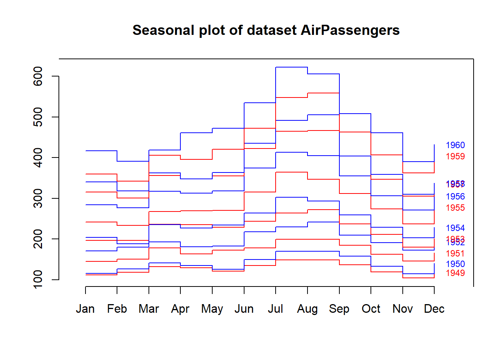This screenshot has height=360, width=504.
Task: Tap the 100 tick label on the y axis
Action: [x=38, y=279]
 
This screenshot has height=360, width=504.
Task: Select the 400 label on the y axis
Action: [x=38, y=157]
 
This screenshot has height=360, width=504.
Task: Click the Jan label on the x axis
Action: [x=85, y=309]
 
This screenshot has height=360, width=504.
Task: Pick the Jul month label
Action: [x=275, y=309]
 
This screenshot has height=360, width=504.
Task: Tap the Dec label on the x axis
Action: [x=434, y=309]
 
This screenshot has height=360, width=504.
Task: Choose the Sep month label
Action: [x=339, y=309]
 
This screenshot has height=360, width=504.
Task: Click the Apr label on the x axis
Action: [x=180, y=309]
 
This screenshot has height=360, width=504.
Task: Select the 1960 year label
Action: [x=455, y=145]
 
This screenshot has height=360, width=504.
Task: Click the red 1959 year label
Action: [x=455, y=156]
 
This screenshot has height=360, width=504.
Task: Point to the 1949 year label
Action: [x=455, y=273]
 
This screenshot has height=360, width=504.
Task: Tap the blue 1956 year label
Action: [x=455, y=196]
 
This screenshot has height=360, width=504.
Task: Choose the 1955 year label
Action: [x=455, y=208]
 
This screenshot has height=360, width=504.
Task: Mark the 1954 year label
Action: [x=455, y=228]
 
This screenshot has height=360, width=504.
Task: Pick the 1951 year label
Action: [x=455, y=253]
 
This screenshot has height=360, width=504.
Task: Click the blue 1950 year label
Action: [x=455, y=264]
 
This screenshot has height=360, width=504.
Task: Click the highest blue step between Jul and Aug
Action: [x=291, y=67]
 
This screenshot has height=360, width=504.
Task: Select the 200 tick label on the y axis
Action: [x=38, y=239]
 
